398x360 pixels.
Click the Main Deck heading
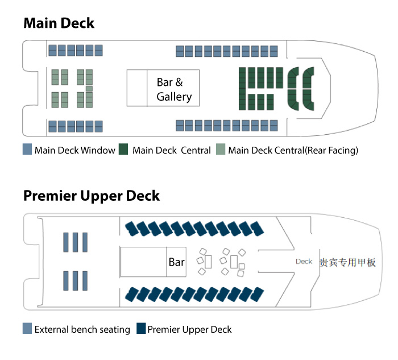(x=59, y=23)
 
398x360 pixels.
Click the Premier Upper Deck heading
(x=92, y=196)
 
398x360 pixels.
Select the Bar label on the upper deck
(x=176, y=262)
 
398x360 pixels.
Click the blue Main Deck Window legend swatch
(x=27, y=151)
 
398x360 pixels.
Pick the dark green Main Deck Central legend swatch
(x=125, y=151)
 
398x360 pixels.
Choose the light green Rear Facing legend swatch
(x=221, y=151)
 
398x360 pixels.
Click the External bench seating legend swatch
(x=27, y=329)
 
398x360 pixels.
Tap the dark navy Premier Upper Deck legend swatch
(x=141, y=329)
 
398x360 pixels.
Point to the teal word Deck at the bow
(x=304, y=262)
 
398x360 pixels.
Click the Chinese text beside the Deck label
(x=347, y=262)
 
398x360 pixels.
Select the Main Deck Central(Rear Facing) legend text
(x=293, y=151)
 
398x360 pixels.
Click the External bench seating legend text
(x=82, y=329)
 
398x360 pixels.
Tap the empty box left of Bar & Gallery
(x=137, y=88)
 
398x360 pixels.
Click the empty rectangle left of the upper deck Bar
(x=143, y=262)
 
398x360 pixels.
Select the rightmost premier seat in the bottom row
(x=258, y=294)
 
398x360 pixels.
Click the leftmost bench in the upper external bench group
(x=67, y=242)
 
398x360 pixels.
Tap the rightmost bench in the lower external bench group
(x=85, y=281)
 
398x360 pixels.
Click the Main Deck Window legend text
(x=74, y=151)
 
